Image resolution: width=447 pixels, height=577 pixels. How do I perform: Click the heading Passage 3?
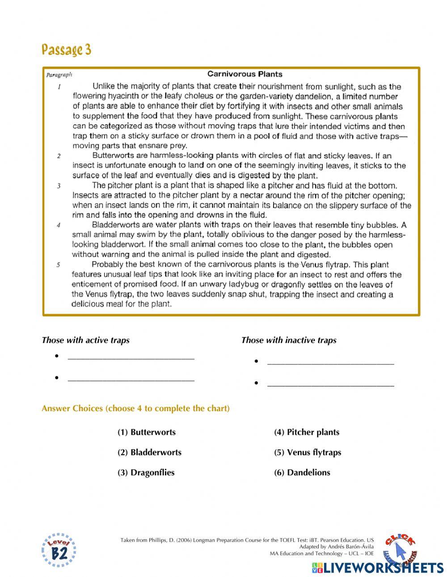point(66,50)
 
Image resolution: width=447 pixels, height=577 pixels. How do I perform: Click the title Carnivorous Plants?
point(245,74)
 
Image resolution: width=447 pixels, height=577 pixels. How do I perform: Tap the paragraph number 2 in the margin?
point(59,156)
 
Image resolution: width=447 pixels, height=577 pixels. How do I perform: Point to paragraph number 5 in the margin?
point(59,265)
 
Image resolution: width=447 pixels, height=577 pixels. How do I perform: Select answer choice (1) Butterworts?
point(147,432)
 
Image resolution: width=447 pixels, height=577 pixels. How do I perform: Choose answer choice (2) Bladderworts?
point(149,452)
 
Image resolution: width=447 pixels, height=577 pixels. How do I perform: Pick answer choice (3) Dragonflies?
point(146,472)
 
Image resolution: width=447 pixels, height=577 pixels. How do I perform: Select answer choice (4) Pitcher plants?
point(307,432)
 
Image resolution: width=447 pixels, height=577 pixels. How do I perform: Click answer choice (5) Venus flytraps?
point(308,452)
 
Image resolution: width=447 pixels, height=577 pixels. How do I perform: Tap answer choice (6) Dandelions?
point(302,472)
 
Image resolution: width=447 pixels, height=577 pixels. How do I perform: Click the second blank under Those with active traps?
point(131,378)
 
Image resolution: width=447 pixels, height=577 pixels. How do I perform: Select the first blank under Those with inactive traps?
point(330,362)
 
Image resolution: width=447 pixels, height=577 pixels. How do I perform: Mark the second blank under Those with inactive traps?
point(330,383)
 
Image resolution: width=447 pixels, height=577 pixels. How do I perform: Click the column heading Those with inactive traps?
point(289,340)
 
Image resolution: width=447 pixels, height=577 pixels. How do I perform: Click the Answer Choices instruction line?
point(135,409)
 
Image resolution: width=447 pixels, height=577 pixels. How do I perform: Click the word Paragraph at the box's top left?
point(59,75)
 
